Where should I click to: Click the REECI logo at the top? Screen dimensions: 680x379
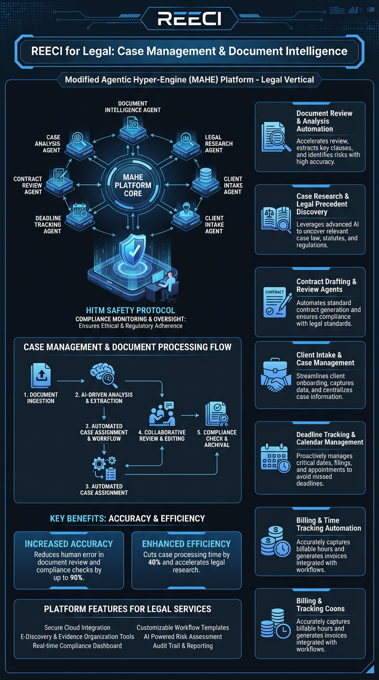click(189, 19)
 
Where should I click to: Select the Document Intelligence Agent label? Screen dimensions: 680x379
click(133, 107)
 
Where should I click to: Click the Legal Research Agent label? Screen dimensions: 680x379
click(219, 144)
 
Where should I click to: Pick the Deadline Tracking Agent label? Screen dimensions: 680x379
click(48, 225)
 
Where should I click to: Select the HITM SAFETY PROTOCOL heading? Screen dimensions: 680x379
click(130, 310)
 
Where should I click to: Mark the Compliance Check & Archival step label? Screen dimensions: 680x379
click(217, 438)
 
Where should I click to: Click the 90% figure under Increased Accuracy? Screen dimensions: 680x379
click(76, 577)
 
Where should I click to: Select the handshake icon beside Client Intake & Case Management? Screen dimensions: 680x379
click(275, 377)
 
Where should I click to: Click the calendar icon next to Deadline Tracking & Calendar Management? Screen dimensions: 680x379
click(275, 458)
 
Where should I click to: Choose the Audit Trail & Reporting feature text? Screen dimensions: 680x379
click(183, 645)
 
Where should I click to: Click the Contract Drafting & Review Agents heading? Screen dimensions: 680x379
click(326, 286)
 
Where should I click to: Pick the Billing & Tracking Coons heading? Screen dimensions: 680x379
click(320, 605)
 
